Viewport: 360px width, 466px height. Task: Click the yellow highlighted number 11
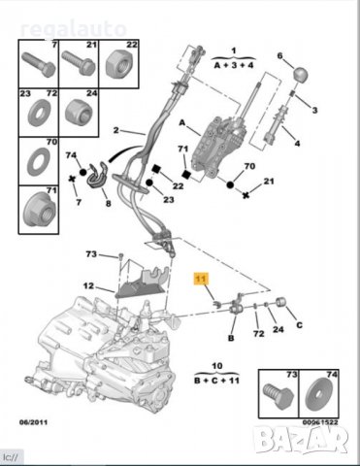coord(203,279)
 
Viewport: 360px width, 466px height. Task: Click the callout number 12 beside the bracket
coord(87,286)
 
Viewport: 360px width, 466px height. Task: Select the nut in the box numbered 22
coord(124,66)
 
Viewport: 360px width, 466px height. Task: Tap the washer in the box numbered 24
coord(81,115)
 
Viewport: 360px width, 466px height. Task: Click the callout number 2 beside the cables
coord(115,130)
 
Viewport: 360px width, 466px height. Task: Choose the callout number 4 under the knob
coord(297,143)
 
